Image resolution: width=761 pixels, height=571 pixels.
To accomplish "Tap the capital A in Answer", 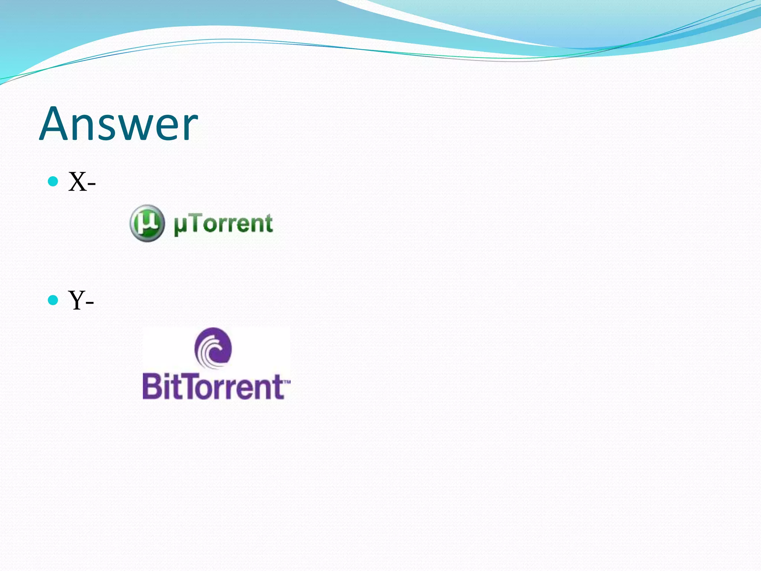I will tap(56, 123).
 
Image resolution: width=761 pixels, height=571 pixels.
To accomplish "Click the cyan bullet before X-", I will tap(53, 181).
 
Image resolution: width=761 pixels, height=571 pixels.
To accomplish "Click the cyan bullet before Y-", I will tap(53, 300).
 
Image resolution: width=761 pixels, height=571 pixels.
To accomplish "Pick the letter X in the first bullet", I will tap(77, 182).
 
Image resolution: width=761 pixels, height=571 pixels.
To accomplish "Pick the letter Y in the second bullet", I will tap(77, 300).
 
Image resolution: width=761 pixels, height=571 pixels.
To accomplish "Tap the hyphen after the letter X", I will tap(91, 184).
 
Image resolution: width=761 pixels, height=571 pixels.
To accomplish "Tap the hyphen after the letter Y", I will tap(89, 302).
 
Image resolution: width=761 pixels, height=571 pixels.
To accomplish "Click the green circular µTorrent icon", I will tap(147, 223).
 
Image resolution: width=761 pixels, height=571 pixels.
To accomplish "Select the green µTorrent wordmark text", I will tap(223, 224).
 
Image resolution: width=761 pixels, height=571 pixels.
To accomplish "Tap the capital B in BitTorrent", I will tap(153, 387).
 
